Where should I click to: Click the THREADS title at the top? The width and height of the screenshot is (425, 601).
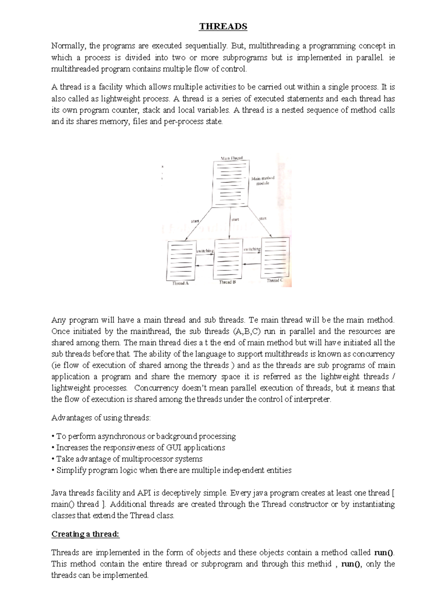[x=223, y=27]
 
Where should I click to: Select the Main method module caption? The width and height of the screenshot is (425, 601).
[x=263, y=181]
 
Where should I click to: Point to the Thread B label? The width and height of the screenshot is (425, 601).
[x=227, y=282]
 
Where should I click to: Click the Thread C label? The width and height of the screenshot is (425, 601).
[x=275, y=280]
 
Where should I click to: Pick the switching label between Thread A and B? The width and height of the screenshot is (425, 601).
[x=205, y=251]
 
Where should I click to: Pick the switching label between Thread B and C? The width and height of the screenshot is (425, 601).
[x=252, y=249]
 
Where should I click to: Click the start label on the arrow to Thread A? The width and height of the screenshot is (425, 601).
[x=195, y=221]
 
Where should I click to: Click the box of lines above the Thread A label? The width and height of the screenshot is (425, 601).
[x=181, y=261]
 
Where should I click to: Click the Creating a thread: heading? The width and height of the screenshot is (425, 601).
[x=85, y=534]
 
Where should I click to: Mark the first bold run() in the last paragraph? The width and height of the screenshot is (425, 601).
[x=384, y=552]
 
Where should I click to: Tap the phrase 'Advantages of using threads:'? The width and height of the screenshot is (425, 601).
[x=101, y=418]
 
